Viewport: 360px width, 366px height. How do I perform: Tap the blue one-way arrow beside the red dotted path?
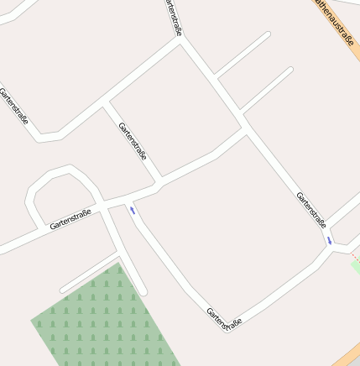click(x=330, y=240)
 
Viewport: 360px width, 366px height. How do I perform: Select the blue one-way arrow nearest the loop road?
click(x=132, y=210)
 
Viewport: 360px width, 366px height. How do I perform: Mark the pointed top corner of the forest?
click(x=119, y=264)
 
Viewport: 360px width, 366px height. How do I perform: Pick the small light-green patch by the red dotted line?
click(x=356, y=266)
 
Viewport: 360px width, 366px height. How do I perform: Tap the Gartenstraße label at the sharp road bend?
click(x=224, y=317)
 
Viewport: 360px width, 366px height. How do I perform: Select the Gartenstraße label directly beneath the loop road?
click(x=70, y=220)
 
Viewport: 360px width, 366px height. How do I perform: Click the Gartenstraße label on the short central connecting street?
click(x=133, y=141)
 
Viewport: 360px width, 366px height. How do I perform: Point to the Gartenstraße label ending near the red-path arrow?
click(x=310, y=209)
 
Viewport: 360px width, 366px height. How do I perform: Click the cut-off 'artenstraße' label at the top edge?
click(x=174, y=17)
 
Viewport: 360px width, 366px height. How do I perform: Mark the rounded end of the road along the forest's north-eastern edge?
click(x=143, y=291)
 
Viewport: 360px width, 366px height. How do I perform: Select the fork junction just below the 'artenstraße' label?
click(x=181, y=39)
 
